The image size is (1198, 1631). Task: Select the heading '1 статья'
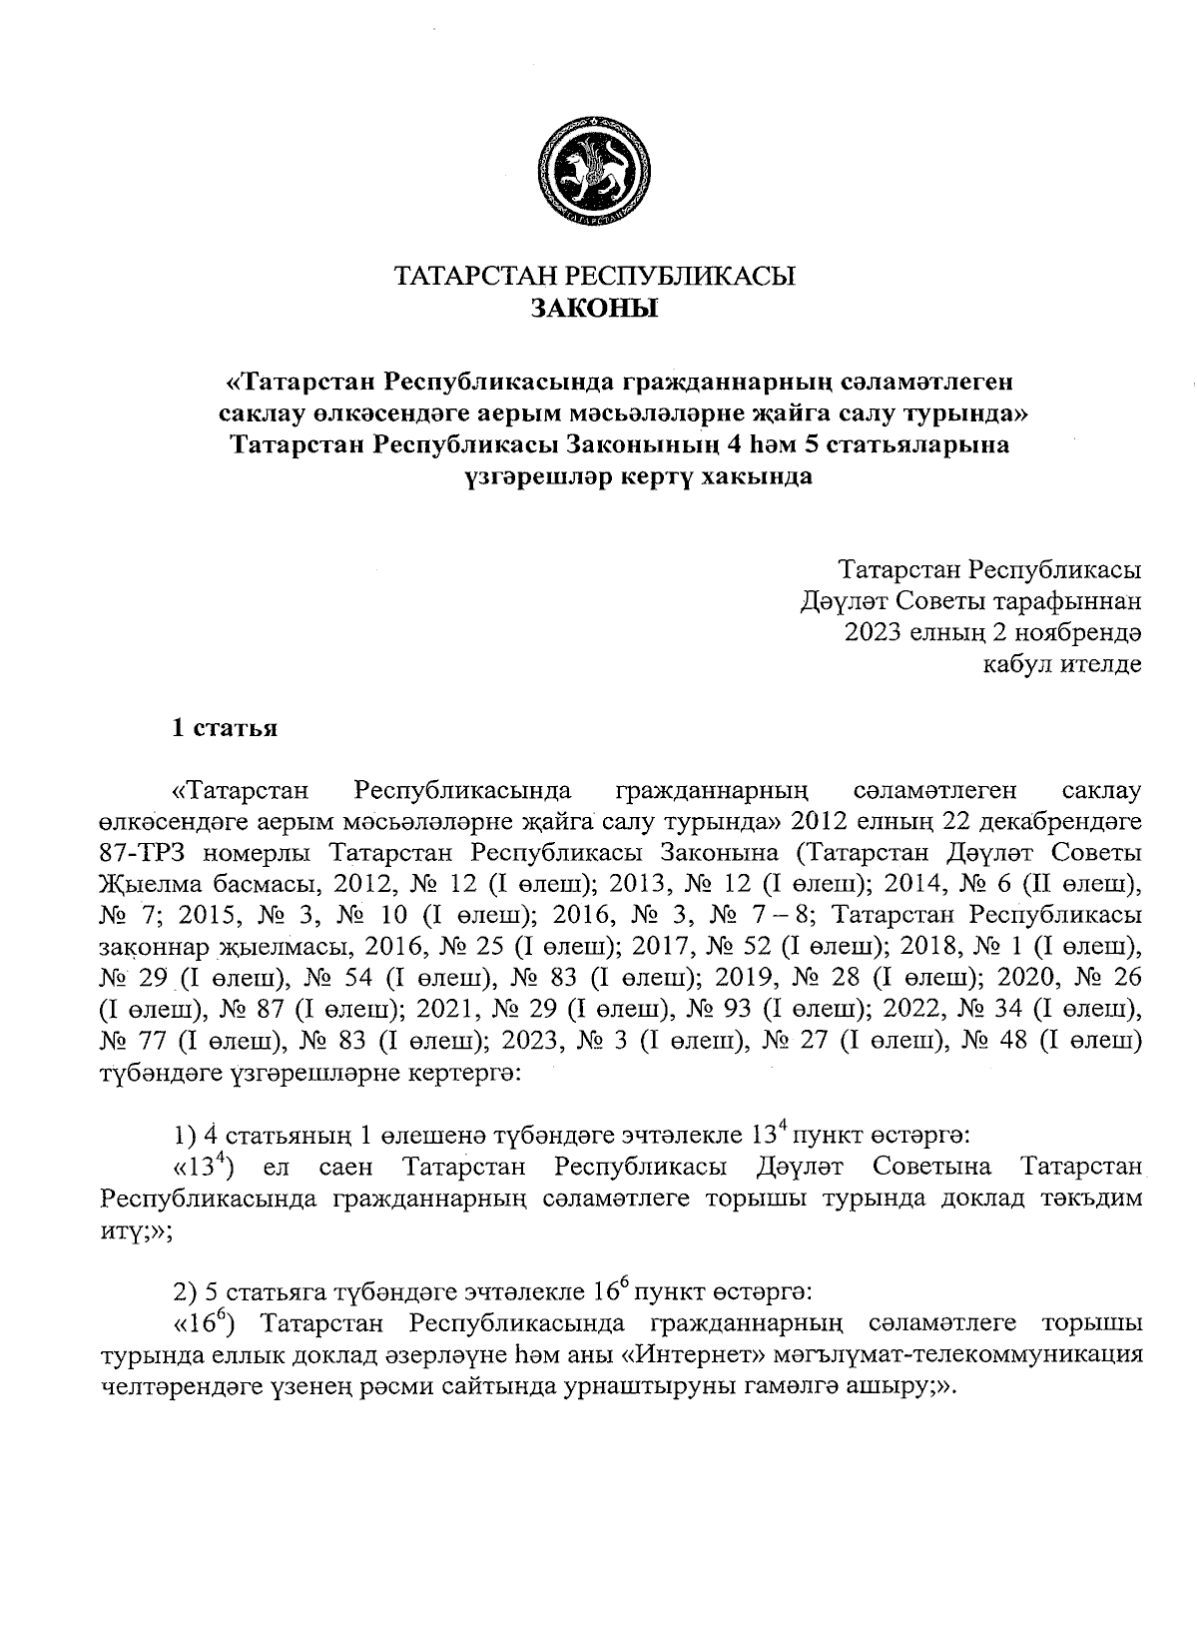(224, 728)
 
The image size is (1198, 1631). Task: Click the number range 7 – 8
(782, 916)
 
